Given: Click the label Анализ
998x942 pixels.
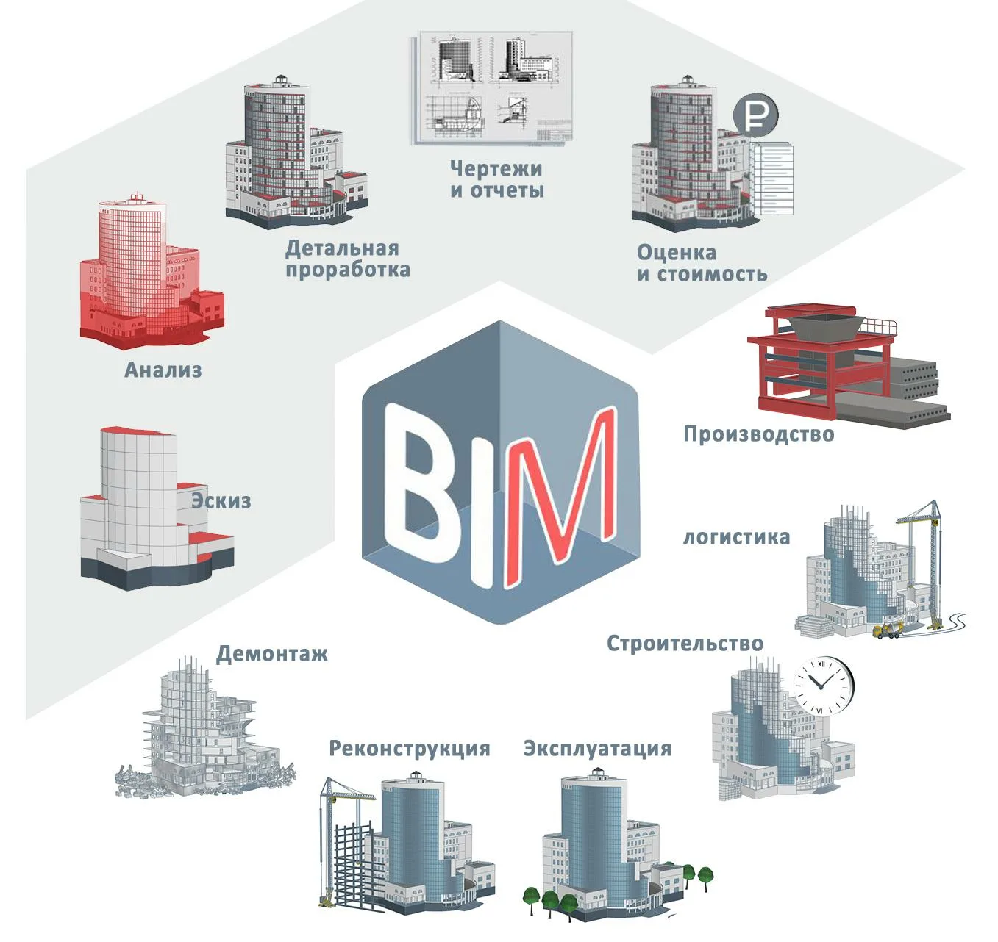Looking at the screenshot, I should [163, 370].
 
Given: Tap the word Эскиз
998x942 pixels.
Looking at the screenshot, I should [221, 501].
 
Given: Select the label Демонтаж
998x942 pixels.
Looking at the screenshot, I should [271, 654].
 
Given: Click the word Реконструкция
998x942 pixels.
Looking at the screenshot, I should [409, 749].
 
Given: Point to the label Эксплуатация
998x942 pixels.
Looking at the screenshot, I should [597, 749].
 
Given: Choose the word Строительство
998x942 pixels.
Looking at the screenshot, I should [685, 644].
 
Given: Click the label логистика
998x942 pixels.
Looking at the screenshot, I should [736, 537].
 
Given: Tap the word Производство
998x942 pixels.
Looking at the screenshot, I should [758, 434].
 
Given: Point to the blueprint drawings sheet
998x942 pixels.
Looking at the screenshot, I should [491, 88].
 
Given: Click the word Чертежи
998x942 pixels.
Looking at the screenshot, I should [496, 169].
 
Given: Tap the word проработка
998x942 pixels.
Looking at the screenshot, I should [347, 270].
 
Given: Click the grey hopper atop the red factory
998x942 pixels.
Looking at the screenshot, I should [824, 326].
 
